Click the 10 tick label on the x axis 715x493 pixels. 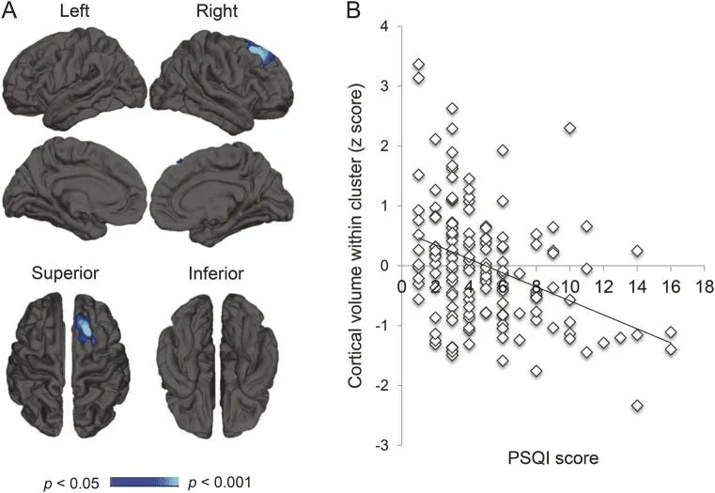pyautogui.click(x=568, y=285)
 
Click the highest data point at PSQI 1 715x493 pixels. pyautogui.click(x=418, y=65)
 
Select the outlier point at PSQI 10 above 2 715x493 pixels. pyautogui.click(x=569, y=128)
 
